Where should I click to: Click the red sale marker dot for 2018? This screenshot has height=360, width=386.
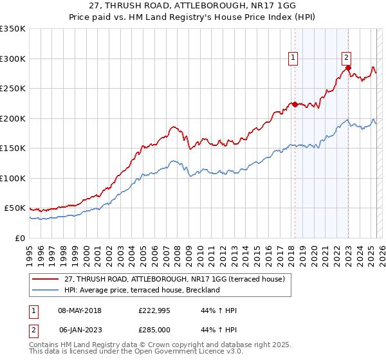295,104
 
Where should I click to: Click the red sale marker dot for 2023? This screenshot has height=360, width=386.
348,67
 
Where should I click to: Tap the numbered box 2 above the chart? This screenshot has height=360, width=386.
346,57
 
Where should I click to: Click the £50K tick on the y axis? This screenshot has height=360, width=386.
14,208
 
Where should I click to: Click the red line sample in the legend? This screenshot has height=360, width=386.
46,279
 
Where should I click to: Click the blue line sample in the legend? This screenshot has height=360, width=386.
46,290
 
